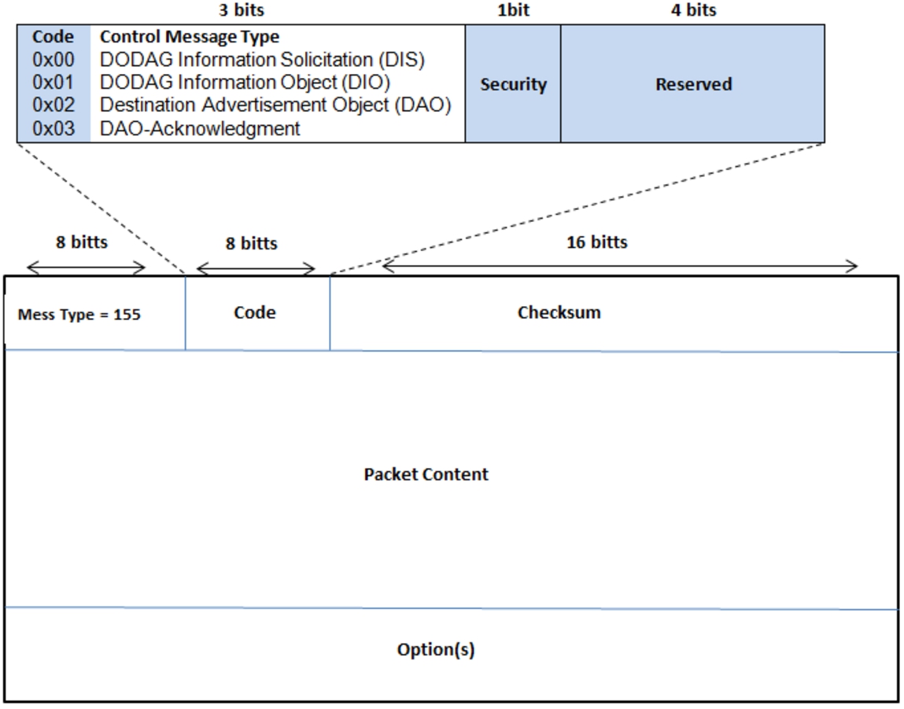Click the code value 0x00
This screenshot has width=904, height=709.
tap(53, 59)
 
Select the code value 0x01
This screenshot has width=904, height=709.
tap(53, 83)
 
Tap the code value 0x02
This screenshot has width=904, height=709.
tap(53, 105)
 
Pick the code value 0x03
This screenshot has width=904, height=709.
tap(53, 128)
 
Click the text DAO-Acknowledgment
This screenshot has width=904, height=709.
tap(200, 128)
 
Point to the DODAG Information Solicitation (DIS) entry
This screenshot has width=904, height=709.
tap(262, 59)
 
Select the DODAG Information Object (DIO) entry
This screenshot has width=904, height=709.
tap(245, 83)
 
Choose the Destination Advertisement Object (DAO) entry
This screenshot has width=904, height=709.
tap(275, 105)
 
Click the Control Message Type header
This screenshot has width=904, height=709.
tap(190, 37)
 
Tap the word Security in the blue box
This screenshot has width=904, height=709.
tap(513, 85)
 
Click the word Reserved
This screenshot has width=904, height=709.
tap(694, 84)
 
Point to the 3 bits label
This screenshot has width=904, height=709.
tap(242, 9)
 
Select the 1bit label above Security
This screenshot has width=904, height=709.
tap(513, 9)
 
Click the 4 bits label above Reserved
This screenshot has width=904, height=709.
tap(694, 9)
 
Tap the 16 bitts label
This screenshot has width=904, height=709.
tap(596, 242)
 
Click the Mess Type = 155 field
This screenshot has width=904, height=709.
tap(79, 315)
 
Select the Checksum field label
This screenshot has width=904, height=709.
tap(559, 312)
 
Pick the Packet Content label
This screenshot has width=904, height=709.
tap(426, 475)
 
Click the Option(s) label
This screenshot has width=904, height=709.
tap(436, 650)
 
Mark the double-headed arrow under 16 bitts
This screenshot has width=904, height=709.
tap(620, 266)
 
